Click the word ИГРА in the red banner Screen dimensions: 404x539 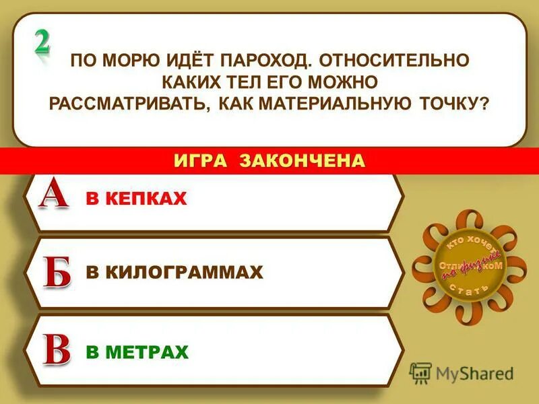point(201,160)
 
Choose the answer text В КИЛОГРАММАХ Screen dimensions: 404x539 point(174,273)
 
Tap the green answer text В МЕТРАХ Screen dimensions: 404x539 point(137,351)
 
